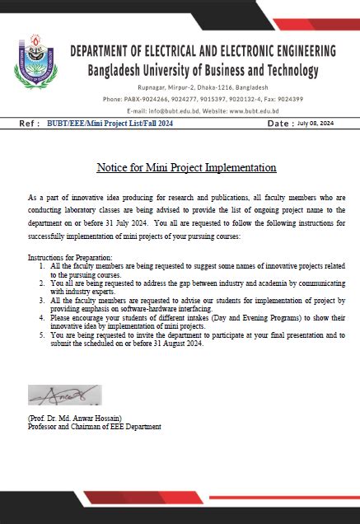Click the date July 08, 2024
tap(315, 123)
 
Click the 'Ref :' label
tap(29, 123)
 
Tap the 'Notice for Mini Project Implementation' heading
tap(186, 167)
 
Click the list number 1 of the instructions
tap(42, 267)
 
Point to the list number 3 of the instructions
tap(42, 302)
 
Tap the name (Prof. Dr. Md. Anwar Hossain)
tap(80, 419)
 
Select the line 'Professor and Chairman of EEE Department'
tap(94, 427)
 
